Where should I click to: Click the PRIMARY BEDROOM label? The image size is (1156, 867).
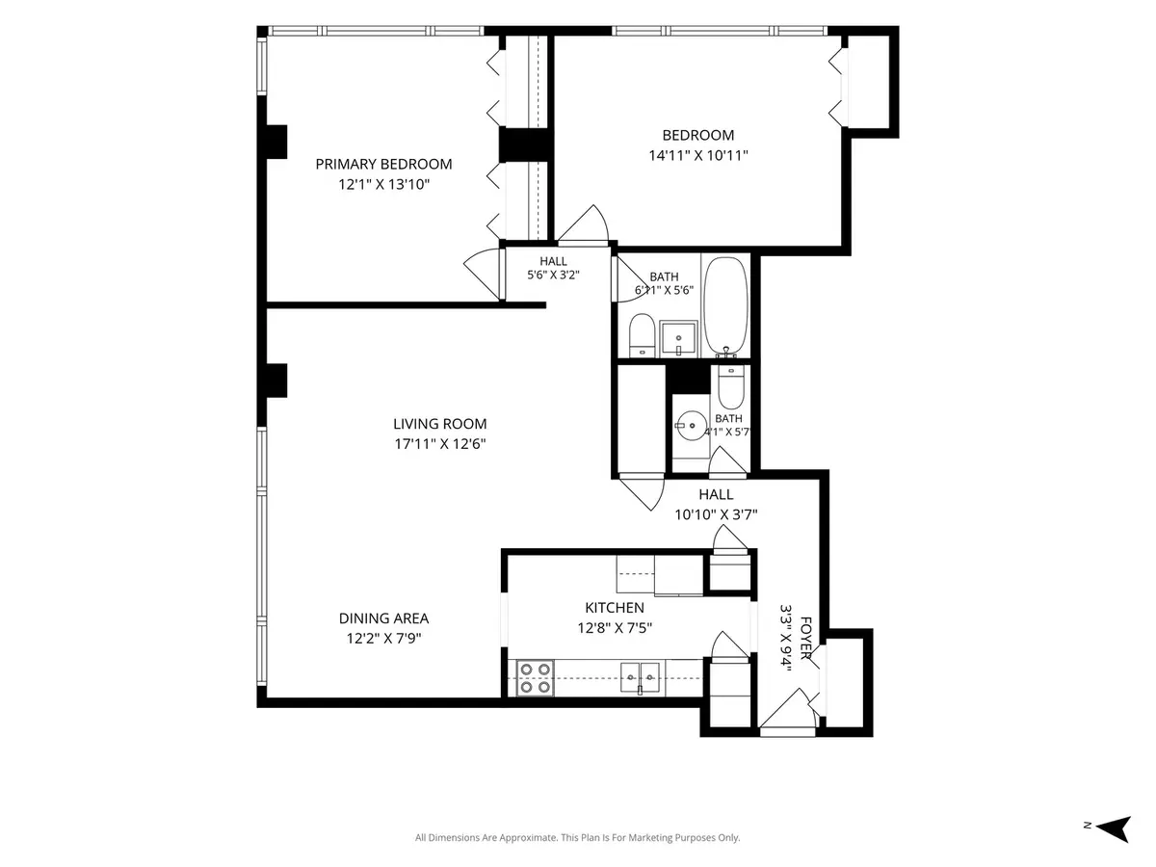coord(383,164)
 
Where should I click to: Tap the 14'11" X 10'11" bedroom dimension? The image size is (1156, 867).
coord(697,156)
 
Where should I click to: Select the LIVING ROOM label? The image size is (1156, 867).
coord(439,424)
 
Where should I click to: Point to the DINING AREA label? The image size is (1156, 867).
coord(383,618)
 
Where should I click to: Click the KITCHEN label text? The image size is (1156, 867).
coord(615,608)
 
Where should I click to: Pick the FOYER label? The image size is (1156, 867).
coord(805,638)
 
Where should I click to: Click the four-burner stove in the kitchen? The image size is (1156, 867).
coord(535,678)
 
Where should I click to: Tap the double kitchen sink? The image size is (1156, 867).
coord(640,678)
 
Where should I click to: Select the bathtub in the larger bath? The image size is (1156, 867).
coord(725,306)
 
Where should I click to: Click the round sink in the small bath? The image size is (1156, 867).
coord(692,425)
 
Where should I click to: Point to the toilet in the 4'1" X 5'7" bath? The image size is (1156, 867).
coord(731,387)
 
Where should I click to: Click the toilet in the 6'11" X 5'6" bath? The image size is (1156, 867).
coord(642,335)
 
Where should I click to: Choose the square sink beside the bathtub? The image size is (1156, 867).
coord(678,339)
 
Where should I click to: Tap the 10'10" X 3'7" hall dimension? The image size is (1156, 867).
coord(716,514)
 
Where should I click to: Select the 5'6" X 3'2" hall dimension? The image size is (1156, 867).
coord(553,275)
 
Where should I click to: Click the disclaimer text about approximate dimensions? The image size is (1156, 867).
coord(577,837)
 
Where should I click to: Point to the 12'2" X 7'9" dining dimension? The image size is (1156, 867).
coord(383,639)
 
